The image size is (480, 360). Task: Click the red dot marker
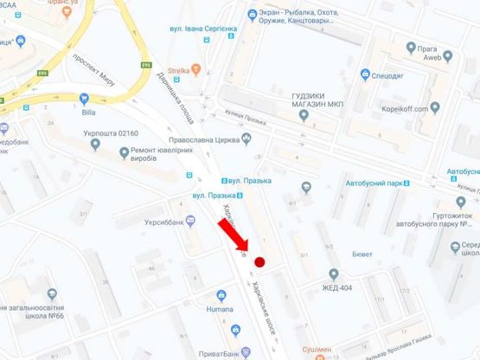(x=259, y=260)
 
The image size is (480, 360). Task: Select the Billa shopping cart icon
(x=84, y=98)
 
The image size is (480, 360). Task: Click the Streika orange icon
(x=196, y=69)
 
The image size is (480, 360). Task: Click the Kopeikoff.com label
(x=412, y=110)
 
